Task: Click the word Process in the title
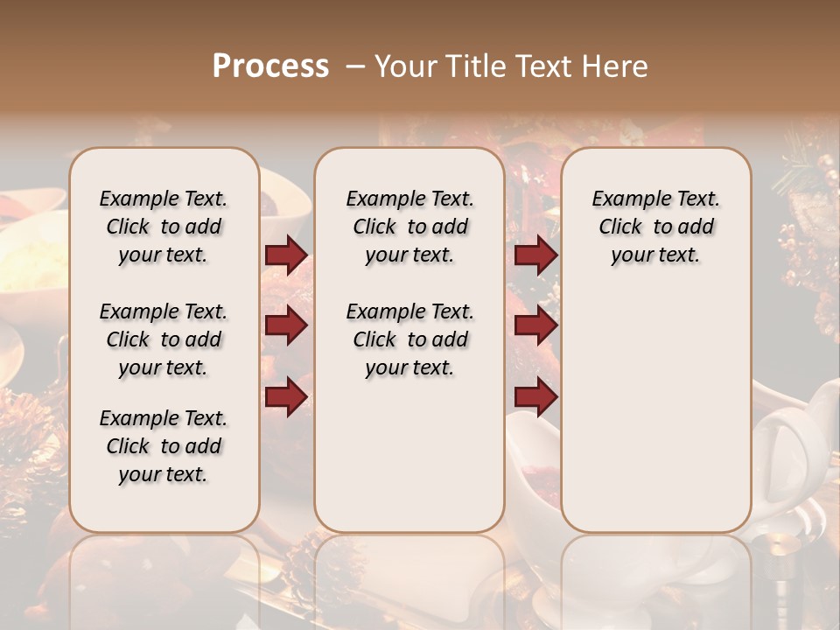tap(270, 66)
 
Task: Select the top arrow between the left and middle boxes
tap(286, 255)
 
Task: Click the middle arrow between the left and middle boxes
tap(286, 325)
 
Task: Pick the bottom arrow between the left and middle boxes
tap(286, 396)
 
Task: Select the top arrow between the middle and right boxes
tap(535, 255)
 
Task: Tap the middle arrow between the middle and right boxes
tap(535, 325)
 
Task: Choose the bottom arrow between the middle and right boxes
tap(535, 396)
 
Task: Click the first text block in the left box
tap(164, 227)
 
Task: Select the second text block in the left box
tap(164, 339)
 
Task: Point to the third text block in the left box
tap(164, 446)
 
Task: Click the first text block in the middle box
tap(409, 227)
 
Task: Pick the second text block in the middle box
tap(409, 339)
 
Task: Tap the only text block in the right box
tap(655, 227)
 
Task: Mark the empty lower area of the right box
tap(655, 402)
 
